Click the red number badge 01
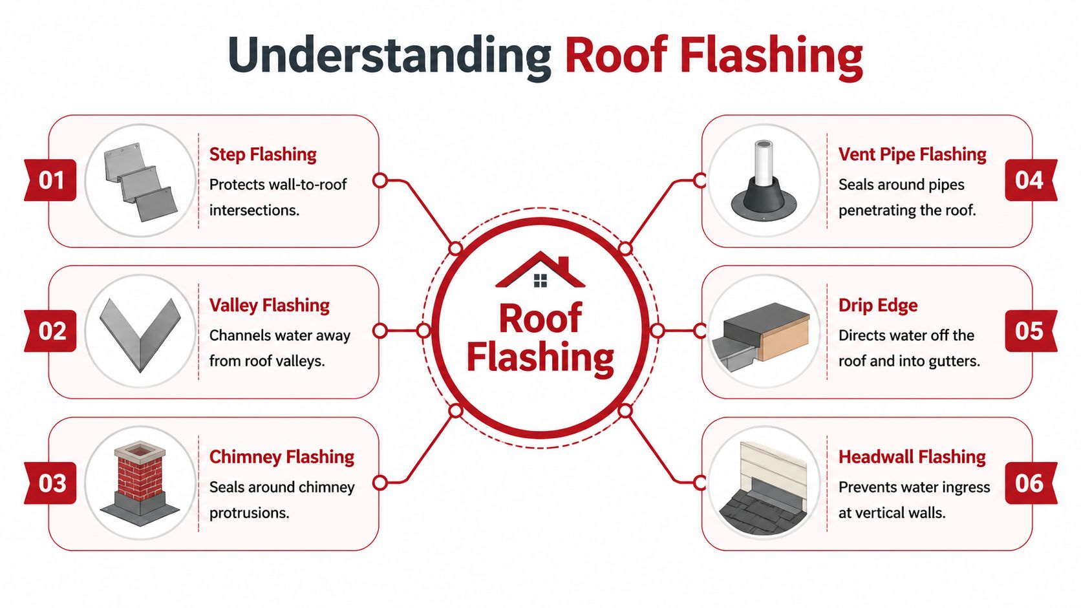click(51, 180)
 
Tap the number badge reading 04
click(1029, 180)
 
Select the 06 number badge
click(1029, 483)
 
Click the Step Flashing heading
click(262, 154)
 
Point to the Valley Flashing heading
click(269, 305)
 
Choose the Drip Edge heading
click(877, 305)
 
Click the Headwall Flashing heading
click(912, 457)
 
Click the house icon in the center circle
click(540, 271)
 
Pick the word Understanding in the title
click(389, 56)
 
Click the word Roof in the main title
click(615, 56)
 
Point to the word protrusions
click(249, 513)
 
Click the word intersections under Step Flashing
click(254, 211)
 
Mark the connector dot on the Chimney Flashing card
click(380, 482)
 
